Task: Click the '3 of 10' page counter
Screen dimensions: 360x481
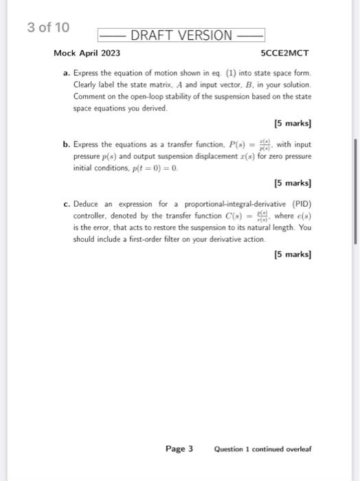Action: [47, 28]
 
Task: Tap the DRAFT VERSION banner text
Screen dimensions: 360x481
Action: [181, 36]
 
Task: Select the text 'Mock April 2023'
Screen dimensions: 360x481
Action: [87, 53]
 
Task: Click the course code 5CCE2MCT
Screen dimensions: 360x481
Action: [286, 53]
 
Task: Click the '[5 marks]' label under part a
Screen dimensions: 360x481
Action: [292, 124]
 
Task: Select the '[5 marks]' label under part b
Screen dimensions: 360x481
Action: [292, 183]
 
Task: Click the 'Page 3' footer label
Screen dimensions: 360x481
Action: [179, 449]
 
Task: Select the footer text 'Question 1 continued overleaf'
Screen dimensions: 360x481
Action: [262, 449]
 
